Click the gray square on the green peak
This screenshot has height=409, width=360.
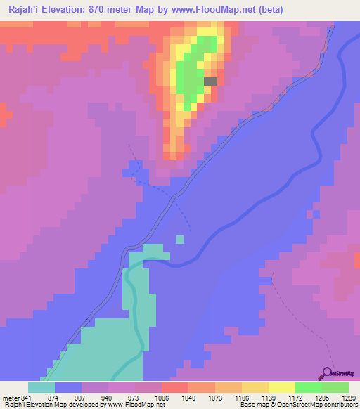pos(210,82)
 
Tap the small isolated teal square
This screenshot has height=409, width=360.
pos(180,240)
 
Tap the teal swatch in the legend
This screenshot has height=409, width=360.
pos(41,388)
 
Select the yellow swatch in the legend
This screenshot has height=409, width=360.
pos(282,388)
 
